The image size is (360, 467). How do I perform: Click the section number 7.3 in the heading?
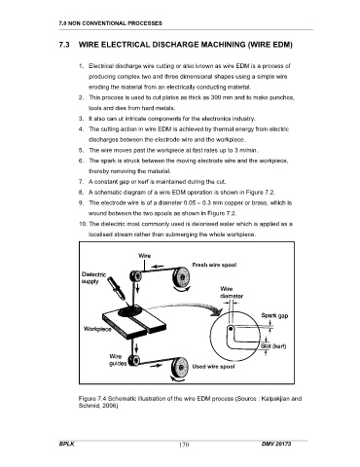(64, 45)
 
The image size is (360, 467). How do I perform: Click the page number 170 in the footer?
(184, 445)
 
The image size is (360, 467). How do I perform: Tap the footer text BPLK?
(66, 444)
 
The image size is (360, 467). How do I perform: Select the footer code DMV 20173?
(276, 444)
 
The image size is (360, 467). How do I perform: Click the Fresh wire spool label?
(214, 265)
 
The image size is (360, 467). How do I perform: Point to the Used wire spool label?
(213, 367)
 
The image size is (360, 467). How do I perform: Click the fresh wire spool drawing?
(181, 277)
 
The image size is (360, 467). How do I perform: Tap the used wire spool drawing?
(180, 367)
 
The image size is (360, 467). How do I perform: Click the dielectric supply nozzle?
(117, 288)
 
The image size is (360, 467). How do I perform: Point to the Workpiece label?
(97, 329)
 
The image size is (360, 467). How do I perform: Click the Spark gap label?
(274, 315)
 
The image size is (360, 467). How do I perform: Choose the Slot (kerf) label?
(273, 346)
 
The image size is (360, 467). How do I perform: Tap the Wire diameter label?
(232, 293)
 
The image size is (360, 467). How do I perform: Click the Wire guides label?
(118, 360)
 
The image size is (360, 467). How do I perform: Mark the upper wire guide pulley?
(135, 276)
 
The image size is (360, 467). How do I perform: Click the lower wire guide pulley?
(134, 360)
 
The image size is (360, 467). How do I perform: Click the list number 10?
(84, 224)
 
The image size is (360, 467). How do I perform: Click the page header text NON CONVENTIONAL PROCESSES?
(115, 23)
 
